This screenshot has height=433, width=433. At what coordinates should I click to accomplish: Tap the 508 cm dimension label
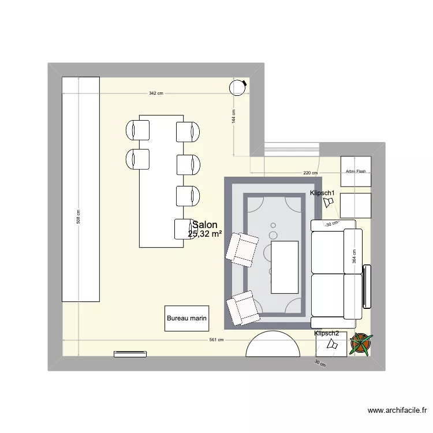79,217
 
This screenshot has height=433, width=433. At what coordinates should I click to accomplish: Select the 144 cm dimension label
234,117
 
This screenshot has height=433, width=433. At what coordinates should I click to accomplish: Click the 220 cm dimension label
310,173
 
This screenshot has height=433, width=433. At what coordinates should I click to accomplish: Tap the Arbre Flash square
356,171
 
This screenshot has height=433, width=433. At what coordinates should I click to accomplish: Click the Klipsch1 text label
322,193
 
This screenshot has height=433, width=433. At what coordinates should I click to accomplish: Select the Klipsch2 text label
327,333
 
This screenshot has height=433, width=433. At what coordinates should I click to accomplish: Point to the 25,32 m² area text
205,234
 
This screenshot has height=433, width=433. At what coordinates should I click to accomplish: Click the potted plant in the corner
361,344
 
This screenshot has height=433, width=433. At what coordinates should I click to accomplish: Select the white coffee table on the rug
285,267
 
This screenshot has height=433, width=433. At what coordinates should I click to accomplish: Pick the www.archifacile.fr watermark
397,411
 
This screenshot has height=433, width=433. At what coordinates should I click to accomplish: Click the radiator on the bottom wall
131,353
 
